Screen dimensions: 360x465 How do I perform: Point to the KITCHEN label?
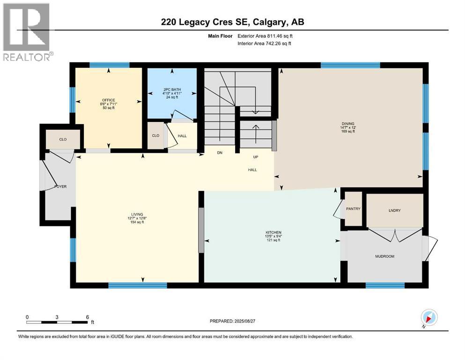272,232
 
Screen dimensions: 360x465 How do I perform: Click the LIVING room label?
137,214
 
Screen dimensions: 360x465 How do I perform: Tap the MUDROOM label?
385,256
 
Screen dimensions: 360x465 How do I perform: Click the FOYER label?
60,187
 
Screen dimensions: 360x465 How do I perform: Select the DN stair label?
219,153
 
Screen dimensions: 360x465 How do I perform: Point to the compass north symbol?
430,318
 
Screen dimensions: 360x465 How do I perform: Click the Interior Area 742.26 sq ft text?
265,43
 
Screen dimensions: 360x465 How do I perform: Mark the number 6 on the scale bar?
87,317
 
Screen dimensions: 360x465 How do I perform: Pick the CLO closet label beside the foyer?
63,139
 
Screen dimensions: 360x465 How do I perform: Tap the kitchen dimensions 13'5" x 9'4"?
272,236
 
